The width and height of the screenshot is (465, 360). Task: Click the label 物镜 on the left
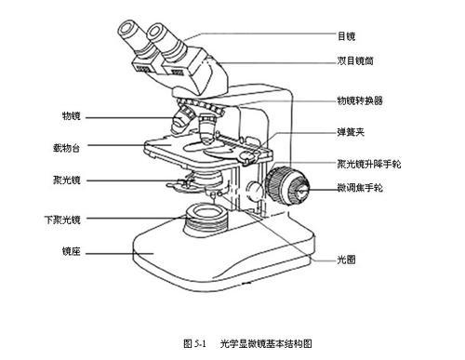coord(71,116)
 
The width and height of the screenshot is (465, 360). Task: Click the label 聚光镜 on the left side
coord(69,178)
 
